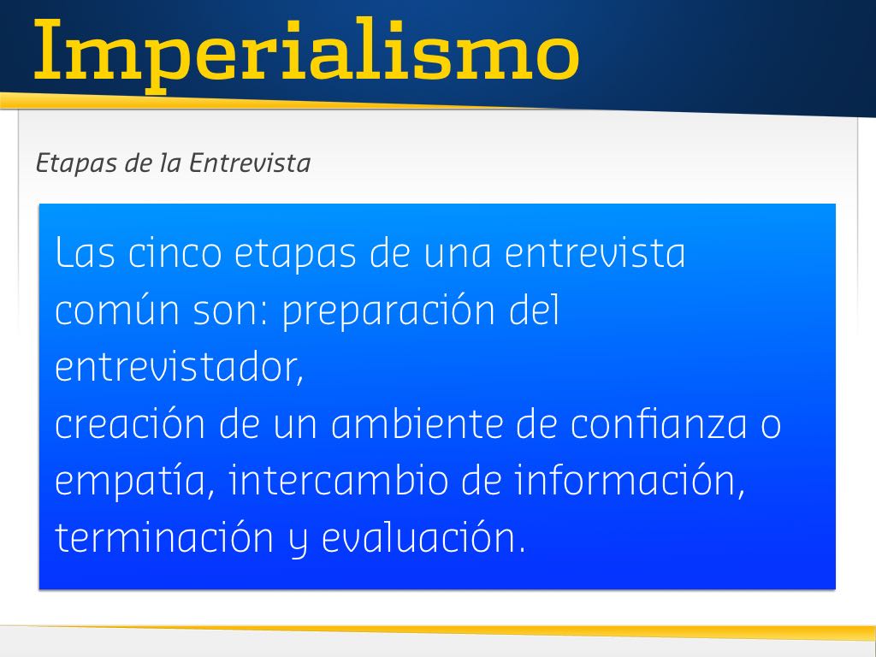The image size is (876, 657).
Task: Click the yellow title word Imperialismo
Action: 306,54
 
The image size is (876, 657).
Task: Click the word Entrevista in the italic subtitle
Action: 249,163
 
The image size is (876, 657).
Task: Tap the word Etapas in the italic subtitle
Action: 76,164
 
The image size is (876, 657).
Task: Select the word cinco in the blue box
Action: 175,252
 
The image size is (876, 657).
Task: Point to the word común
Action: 117,310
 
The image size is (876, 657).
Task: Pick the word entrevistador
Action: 179,367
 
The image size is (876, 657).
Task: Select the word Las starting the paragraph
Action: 85,252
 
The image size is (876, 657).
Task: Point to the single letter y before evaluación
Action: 299,542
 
